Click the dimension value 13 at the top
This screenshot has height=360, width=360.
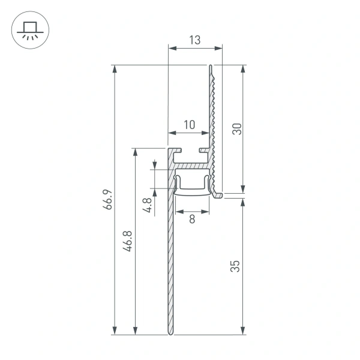tap(194, 40)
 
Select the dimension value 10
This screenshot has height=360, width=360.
tap(189, 125)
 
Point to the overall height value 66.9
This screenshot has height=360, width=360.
tap(107, 199)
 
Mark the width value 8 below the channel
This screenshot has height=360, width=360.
tap(192, 220)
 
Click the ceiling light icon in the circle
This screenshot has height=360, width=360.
tap(28, 30)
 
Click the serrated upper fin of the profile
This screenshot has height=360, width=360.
tap(212, 108)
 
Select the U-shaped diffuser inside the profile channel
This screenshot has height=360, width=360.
tap(193, 185)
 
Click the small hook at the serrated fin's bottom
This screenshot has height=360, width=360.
tap(218, 194)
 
